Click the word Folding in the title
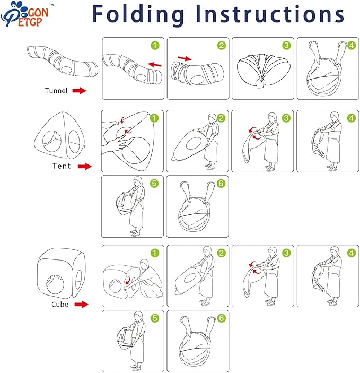(x=138, y=15)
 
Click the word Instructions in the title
(x=270, y=14)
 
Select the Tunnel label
(x=56, y=91)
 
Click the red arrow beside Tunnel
(x=79, y=91)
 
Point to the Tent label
(x=62, y=166)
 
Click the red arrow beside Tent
(x=85, y=166)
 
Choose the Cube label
(x=60, y=304)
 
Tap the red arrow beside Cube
(x=81, y=304)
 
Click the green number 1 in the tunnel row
(x=155, y=46)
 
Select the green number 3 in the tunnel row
(x=286, y=46)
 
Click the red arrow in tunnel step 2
(x=185, y=58)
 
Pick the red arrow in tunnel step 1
(x=155, y=65)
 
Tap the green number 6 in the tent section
(x=221, y=184)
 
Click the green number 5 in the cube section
(x=155, y=318)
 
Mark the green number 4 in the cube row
(x=352, y=253)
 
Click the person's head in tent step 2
(x=212, y=118)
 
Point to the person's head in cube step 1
(x=144, y=264)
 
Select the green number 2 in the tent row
(x=221, y=118)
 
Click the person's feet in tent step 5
(x=135, y=232)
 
